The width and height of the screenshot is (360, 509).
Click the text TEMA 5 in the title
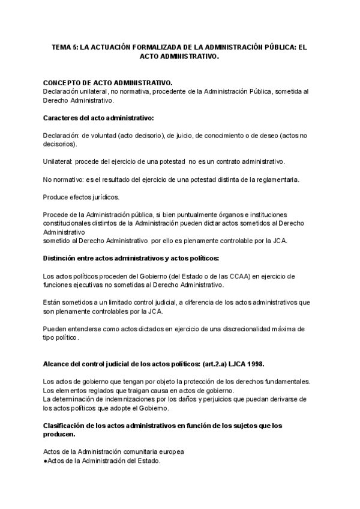[x=64, y=46]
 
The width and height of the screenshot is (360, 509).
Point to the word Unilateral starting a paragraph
[x=56, y=162]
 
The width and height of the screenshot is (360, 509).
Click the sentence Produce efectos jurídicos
[x=81, y=197]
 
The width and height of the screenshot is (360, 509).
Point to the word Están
[x=52, y=303]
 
